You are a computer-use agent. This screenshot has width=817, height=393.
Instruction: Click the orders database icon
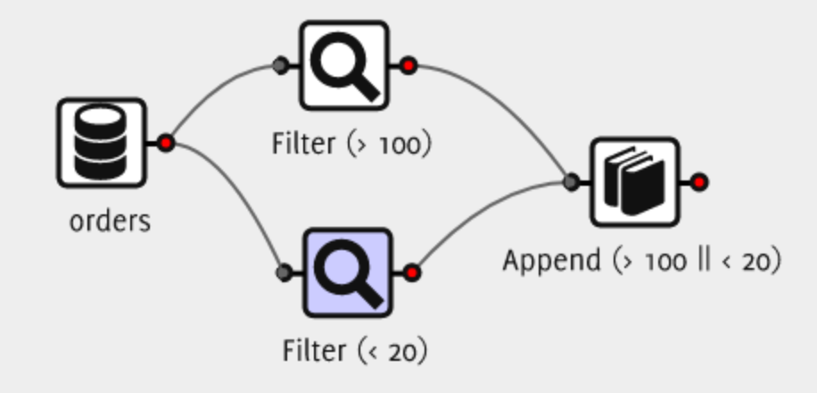click(101, 143)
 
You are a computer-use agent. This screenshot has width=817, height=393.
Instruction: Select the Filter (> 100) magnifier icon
click(343, 66)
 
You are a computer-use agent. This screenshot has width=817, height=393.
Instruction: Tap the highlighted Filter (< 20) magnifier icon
click(347, 272)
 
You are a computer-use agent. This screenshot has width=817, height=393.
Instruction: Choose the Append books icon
click(635, 182)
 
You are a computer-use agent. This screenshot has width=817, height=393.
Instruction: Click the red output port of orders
click(165, 143)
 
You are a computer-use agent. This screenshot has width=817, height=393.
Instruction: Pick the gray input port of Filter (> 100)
click(280, 65)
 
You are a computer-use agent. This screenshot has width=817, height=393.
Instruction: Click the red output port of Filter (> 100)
click(408, 65)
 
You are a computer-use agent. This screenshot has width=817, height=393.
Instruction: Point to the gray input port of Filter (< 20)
click(284, 272)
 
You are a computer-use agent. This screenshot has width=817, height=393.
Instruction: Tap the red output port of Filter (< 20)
click(412, 272)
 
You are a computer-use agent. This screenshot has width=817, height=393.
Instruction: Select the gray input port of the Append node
click(572, 182)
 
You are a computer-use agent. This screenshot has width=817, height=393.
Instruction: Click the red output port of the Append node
click(700, 182)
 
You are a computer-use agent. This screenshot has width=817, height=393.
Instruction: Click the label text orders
click(110, 220)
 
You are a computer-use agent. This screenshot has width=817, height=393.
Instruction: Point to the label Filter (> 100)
click(351, 143)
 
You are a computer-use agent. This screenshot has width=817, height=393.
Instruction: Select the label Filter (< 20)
click(355, 350)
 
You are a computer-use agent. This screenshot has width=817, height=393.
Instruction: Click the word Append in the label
click(551, 261)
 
